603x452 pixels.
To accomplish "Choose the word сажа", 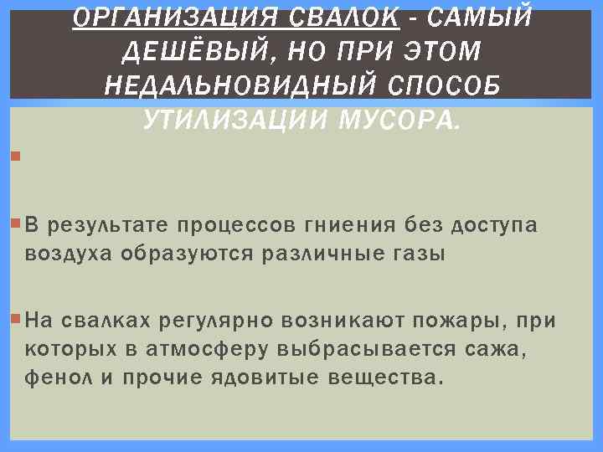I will [x=496, y=348].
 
